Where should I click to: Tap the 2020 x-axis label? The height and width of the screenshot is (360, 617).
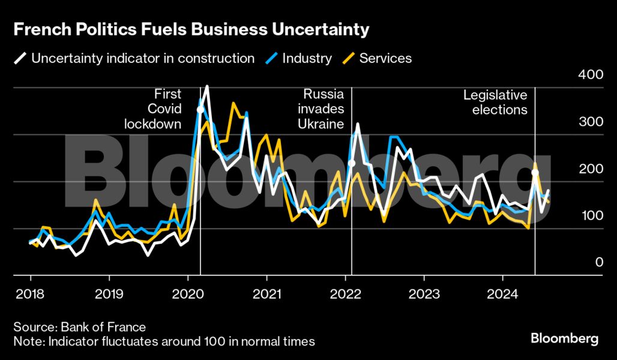[x=188, y=295]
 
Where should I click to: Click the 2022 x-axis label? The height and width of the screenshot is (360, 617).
[x=346, y=295]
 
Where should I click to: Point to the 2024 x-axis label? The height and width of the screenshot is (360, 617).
[x=503, y=295]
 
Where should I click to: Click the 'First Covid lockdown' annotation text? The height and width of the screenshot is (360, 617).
[x=153, y=109]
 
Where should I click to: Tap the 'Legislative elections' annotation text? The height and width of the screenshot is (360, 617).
[x=495, y=103]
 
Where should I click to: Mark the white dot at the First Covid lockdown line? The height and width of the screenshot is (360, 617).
[x=200, y=109]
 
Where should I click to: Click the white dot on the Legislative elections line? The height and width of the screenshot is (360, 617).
[x=535, y=173]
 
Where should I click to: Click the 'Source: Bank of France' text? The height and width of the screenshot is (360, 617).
[x=80, y=327]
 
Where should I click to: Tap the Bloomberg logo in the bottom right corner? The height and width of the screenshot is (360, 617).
[x=564, y=338]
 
